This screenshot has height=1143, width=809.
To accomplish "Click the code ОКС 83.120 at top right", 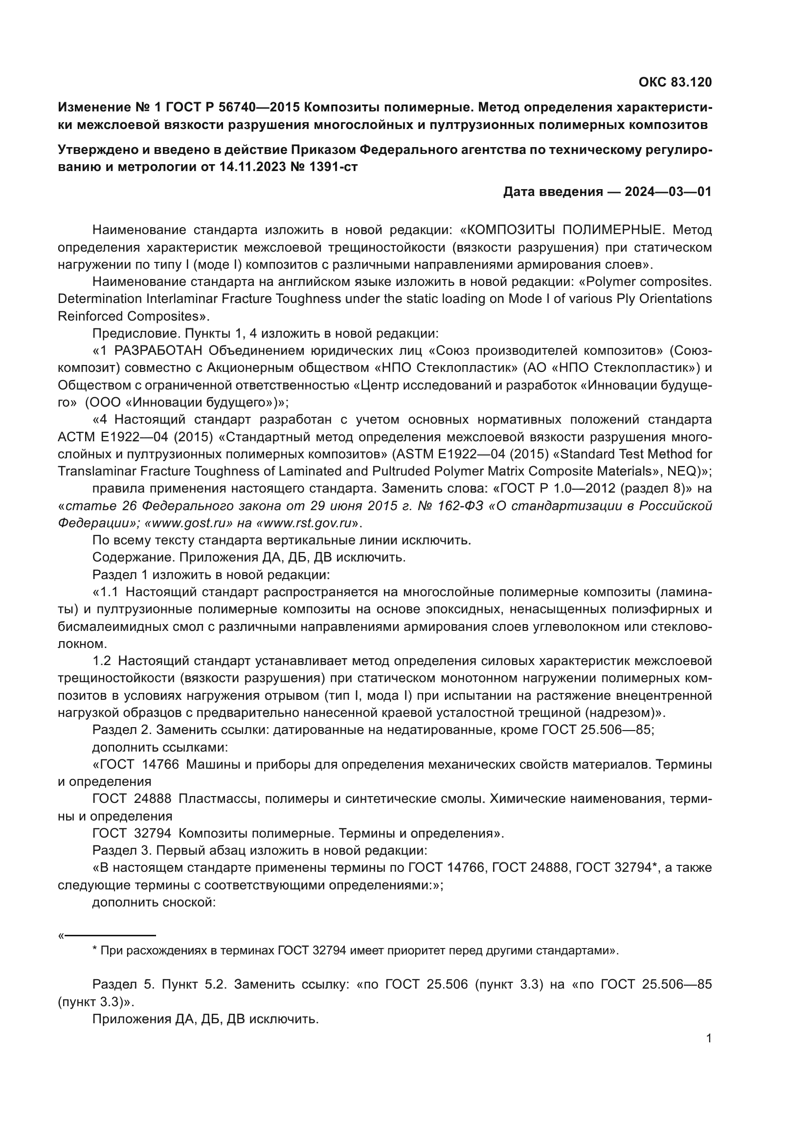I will click(675, 83).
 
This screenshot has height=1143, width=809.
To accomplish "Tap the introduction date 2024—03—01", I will click(668, 192).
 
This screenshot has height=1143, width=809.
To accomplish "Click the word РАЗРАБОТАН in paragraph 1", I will click(158, 350).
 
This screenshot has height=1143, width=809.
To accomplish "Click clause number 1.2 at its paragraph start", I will click(102, 661).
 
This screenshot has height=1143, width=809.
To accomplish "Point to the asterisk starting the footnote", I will click(95, 951).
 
